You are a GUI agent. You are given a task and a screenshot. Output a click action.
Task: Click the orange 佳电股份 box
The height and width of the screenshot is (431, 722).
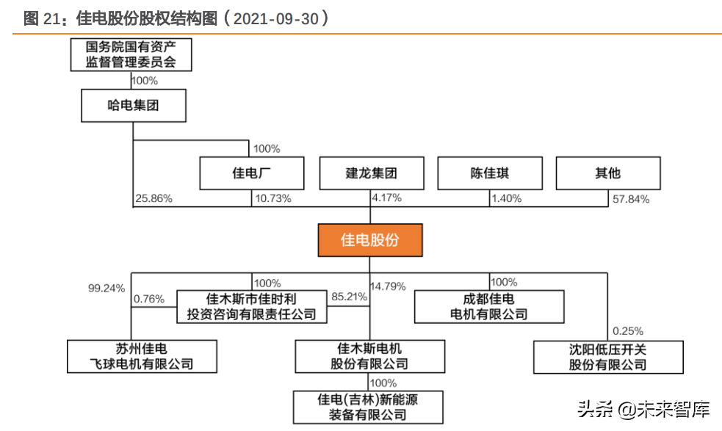(x=370, y=240)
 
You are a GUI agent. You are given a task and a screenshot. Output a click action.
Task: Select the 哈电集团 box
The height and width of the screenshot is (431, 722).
(x=133, y=106)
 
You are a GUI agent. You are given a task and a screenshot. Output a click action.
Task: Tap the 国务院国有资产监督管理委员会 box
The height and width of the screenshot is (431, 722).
(x=131, y=54)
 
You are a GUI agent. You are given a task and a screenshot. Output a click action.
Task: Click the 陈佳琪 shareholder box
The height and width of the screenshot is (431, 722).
(x=490, y=174)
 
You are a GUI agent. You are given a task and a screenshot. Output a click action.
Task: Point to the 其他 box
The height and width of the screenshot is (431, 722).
(x=607, y=174)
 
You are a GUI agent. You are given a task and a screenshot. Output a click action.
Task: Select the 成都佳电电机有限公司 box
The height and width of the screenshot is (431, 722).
(x=489, y=307)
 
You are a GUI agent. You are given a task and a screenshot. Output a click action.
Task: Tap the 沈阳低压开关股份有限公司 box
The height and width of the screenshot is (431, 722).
(x=607, y=357)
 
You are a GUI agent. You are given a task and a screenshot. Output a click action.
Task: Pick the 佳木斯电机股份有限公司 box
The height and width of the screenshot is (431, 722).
(x=370, y=356)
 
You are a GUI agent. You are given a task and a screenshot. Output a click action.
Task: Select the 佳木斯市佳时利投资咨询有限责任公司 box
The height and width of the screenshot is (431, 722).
(x=252, y=307)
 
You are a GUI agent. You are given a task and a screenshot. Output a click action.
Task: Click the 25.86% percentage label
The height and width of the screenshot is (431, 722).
(x=154, y=198)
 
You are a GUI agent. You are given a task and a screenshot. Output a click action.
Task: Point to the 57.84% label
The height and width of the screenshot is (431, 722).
(x=630, y=198)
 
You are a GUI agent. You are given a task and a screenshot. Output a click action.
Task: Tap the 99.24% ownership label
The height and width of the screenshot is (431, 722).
(x=106, y=287)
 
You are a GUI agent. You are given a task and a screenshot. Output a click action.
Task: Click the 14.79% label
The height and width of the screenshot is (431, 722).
(x=389, y=286)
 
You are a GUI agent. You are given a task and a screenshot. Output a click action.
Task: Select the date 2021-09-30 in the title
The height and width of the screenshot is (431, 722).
(x=275, y=18)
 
